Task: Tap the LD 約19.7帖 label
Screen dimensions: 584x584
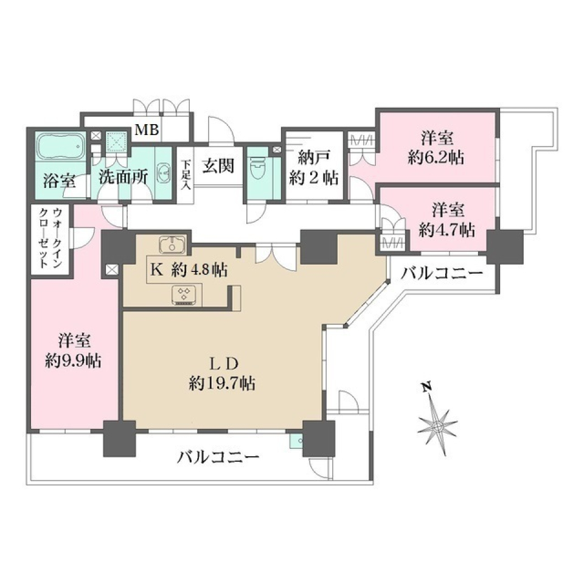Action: point(221,374)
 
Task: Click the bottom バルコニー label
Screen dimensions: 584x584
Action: point(218,456)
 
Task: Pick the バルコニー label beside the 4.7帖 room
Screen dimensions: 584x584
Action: point(442,273)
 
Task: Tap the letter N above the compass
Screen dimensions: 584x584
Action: point(428,386)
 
